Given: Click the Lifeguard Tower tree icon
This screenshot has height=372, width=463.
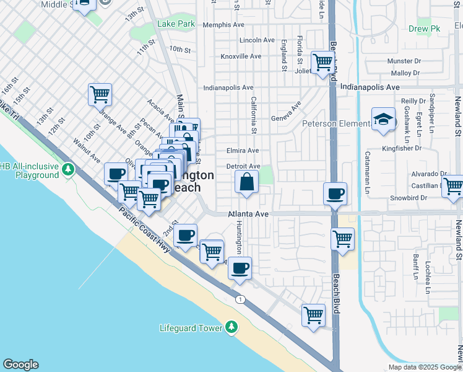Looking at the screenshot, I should [x=231, y=327].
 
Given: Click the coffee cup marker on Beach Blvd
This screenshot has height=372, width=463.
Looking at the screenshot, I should [x=335, y=193].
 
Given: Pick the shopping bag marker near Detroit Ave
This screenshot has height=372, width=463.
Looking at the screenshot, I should [x=246, y=182].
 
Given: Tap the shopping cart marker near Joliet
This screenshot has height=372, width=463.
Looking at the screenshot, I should [x=322, y=62].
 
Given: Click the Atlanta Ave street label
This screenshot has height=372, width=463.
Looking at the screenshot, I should [x=248, y=213].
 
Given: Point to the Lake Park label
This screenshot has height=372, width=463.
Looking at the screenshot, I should [x=176, y=24].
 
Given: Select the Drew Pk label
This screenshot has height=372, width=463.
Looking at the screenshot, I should [x=424, y=29].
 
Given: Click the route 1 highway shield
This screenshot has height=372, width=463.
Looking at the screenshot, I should [x=239, y=299].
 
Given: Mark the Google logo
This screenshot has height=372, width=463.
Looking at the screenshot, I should [x=20, y=365].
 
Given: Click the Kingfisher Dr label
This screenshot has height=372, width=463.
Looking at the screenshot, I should [x=401, y=148].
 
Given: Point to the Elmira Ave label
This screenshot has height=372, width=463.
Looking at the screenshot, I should [x=243, y=151].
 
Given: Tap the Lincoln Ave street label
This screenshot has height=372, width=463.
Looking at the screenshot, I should [x=257, y=40].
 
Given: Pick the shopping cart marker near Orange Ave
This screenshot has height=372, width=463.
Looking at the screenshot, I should [x=100, y=95].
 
